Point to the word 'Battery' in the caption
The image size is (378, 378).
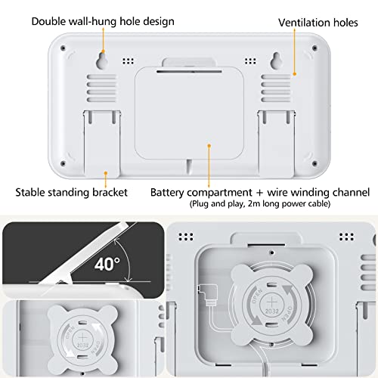point(172,192)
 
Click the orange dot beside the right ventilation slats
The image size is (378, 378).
point(296,73)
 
